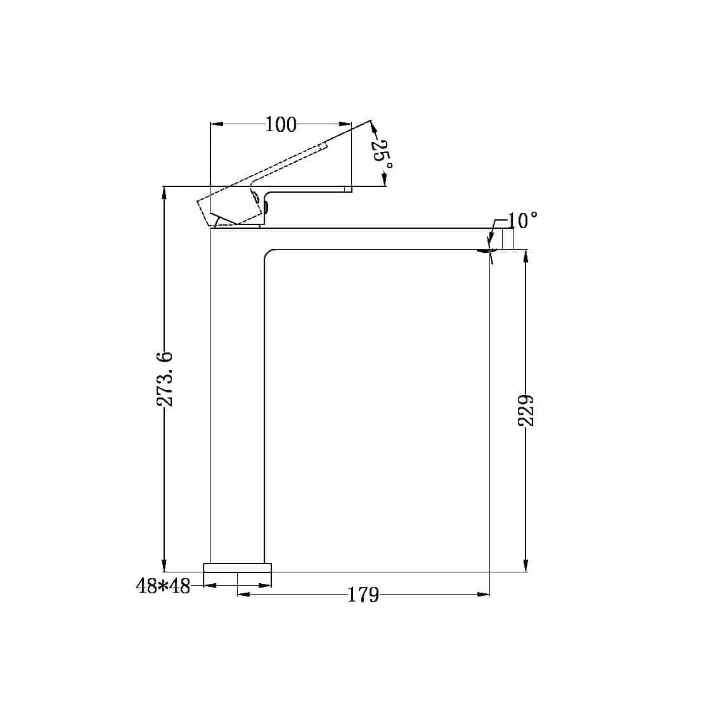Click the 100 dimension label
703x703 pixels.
coord(281,125)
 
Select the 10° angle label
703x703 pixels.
coord(522,221)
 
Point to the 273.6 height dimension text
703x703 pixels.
coord(165,379)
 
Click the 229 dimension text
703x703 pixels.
coord(526,410)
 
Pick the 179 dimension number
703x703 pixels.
coord(363,595)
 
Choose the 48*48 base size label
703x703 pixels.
coord(163,586)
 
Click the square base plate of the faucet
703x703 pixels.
coord(238,567)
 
